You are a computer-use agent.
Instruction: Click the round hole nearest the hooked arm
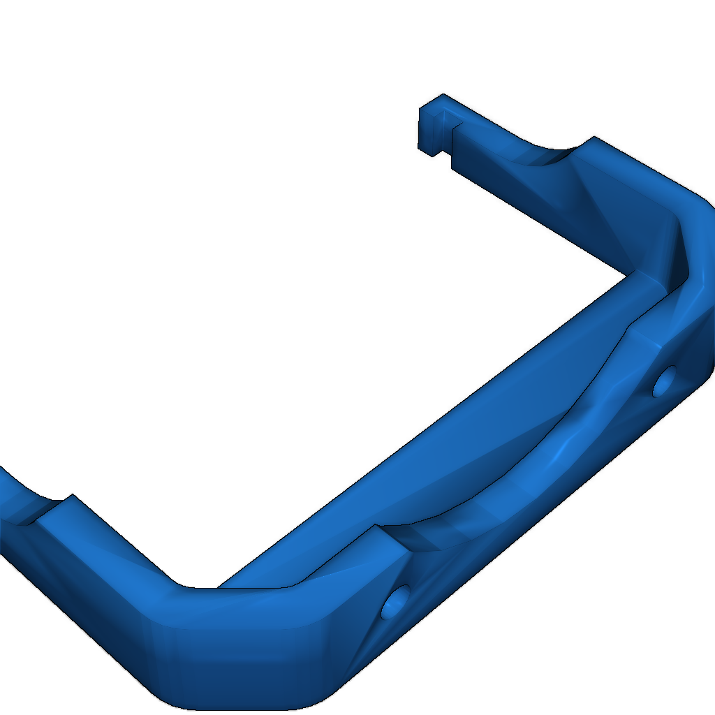664,381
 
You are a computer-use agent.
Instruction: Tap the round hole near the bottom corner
397,602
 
